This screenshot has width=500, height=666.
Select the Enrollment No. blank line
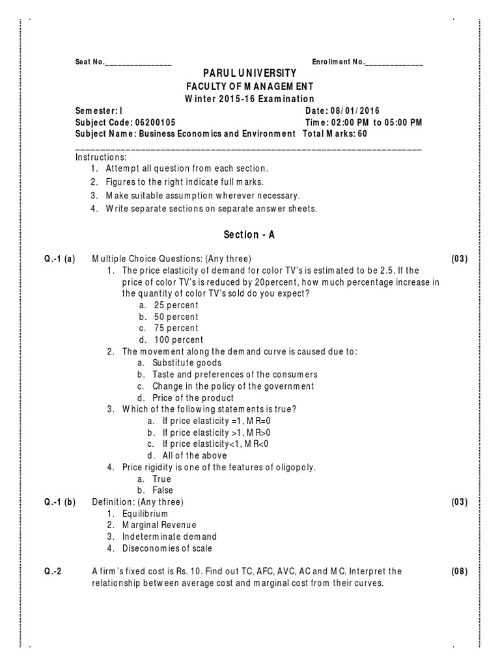(x=394, y=63)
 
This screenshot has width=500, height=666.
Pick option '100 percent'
(x=178, y=340)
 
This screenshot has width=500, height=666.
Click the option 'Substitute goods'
(x=187, y=363)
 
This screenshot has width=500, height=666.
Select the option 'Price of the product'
(x=193, y=398)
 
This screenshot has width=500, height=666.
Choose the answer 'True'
(x=162, y=479)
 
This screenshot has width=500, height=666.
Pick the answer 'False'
(x=163, y=490)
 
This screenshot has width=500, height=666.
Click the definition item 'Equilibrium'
(x=145, y=514)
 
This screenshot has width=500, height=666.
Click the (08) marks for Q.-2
(x=459, y=571)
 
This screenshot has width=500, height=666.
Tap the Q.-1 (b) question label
(x=60, y=502)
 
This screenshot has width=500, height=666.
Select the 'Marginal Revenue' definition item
(x=159, y=525)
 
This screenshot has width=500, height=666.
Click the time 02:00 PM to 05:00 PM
(x=376, y=122)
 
